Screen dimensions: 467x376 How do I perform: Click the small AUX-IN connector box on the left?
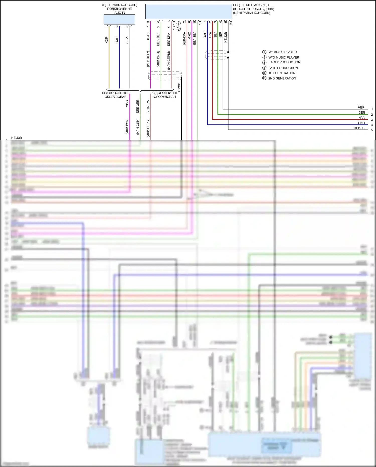tap(119, 19)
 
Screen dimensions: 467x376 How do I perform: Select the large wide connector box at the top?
tap(189, 11)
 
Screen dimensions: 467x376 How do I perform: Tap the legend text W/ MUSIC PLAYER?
tap(283, 52)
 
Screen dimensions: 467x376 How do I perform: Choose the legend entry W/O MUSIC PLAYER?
tap(284, 57)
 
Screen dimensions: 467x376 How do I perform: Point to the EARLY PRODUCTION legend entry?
tap(284, 62)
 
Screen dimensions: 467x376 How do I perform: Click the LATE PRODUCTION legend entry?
tap(283, 68)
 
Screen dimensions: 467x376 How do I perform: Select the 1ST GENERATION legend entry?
tap(282, 73)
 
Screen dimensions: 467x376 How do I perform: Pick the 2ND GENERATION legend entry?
tap(282, 78)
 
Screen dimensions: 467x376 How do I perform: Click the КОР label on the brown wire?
tap(107, 40)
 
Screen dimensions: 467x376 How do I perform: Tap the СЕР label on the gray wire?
tap(127, 40)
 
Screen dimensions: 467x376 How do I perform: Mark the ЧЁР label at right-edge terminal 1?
tap(361, 107)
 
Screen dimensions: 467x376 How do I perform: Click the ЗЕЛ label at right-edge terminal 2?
tap(362, 113)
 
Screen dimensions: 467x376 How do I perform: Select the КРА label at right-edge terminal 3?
tap(361, 118)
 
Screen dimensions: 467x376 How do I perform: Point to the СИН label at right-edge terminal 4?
tap(361, 123)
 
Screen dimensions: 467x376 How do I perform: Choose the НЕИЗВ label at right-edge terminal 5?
tap(359, 128)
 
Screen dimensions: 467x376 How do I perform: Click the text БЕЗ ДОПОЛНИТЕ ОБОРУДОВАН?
tap(115, 95)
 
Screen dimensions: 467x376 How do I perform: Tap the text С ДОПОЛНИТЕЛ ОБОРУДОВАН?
tap(165, 95)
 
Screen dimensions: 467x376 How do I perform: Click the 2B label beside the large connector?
tap(231, 23)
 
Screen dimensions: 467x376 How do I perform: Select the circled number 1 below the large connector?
tap(179, 23)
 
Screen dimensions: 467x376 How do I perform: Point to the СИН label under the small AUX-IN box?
tap(117, 40)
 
